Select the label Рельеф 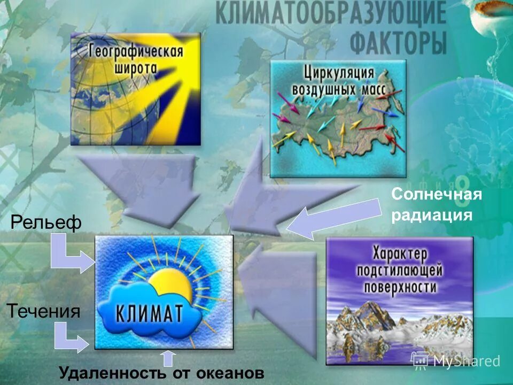point(46,222)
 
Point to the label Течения point(44,311)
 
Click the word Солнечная point(437,195)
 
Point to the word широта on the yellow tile point(137,68)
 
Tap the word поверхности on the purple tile point(400,287)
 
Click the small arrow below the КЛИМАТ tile point(168,357)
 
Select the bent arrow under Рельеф point(68,256)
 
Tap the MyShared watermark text point(465,361)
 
